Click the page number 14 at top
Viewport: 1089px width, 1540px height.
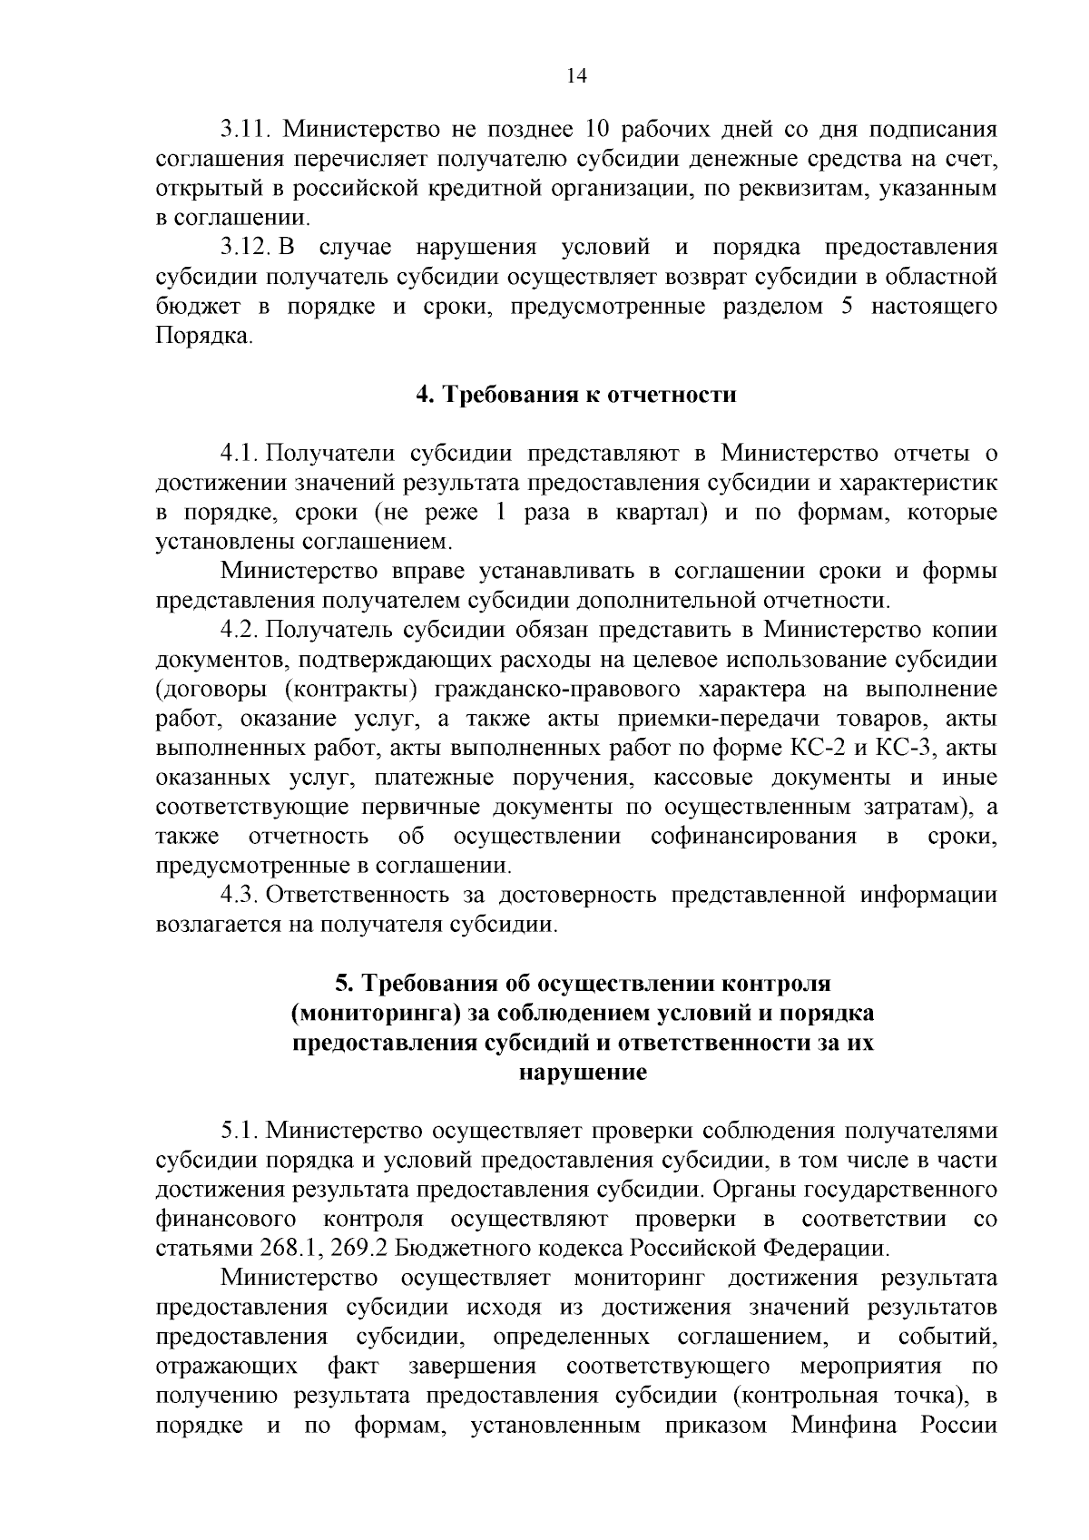tap(577, 76)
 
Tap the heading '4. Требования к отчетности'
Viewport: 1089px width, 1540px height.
tap(576, 395)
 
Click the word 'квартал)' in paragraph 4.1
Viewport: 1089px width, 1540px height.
tap(662, 513)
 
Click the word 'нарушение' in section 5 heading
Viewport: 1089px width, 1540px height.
tap(582, 1073)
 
